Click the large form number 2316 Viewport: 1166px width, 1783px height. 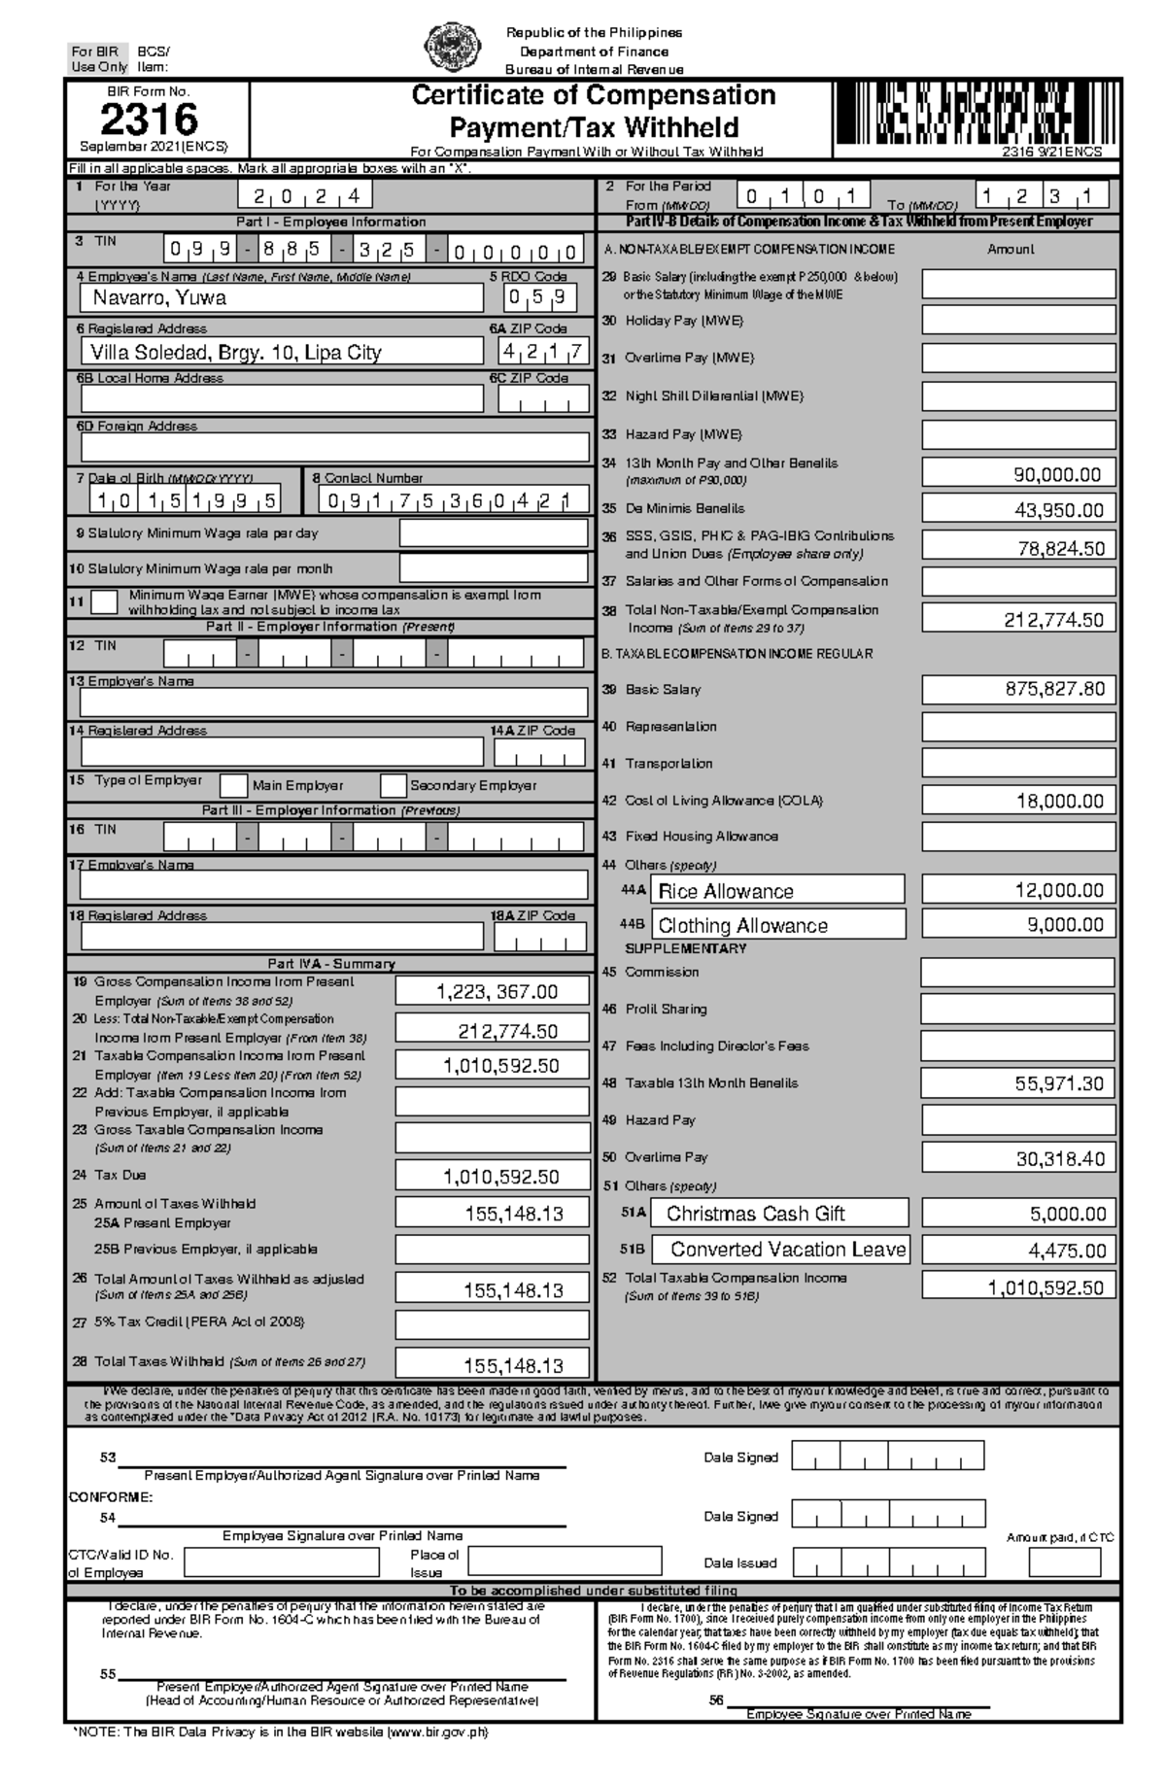pyautogui.click(x=150, y=120)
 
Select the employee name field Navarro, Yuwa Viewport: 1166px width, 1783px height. pyautogui.click(x=281, y=298)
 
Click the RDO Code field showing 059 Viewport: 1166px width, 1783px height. pyautogui.click(x=540, y=297)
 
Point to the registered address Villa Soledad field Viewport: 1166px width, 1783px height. pyautogui.click(x=281, y=352)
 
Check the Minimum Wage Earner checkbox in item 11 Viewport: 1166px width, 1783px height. pyautogui.click(x=104, y=602)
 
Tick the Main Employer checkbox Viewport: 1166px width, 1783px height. pyautogui.click(x=233, y=785)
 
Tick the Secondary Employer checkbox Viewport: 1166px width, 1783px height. pyautogui.click(x=393, y=785)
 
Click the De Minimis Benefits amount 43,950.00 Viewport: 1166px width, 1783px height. pyautogui.click(x=1018, y=510)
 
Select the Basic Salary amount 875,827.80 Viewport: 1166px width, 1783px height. pyautogui.click(x=1018, y=689)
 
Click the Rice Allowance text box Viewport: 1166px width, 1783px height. pyautogui.click(x=776, y=890)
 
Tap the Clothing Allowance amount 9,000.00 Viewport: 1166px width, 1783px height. pyautogui.click(x=1018, y=925)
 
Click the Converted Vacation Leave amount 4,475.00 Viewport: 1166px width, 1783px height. pyautogui.click(x=1018, y=1250)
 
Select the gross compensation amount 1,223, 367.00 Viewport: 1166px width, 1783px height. pyautogui.click(x=493, y=991)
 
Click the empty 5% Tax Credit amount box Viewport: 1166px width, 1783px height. pyautogui.click(x=493, y=1324)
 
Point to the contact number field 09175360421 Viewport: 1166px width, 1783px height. pyautogui.click(x=454, y=500)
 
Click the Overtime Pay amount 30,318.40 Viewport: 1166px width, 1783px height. pyautogui.click(x=1018, y=1158)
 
